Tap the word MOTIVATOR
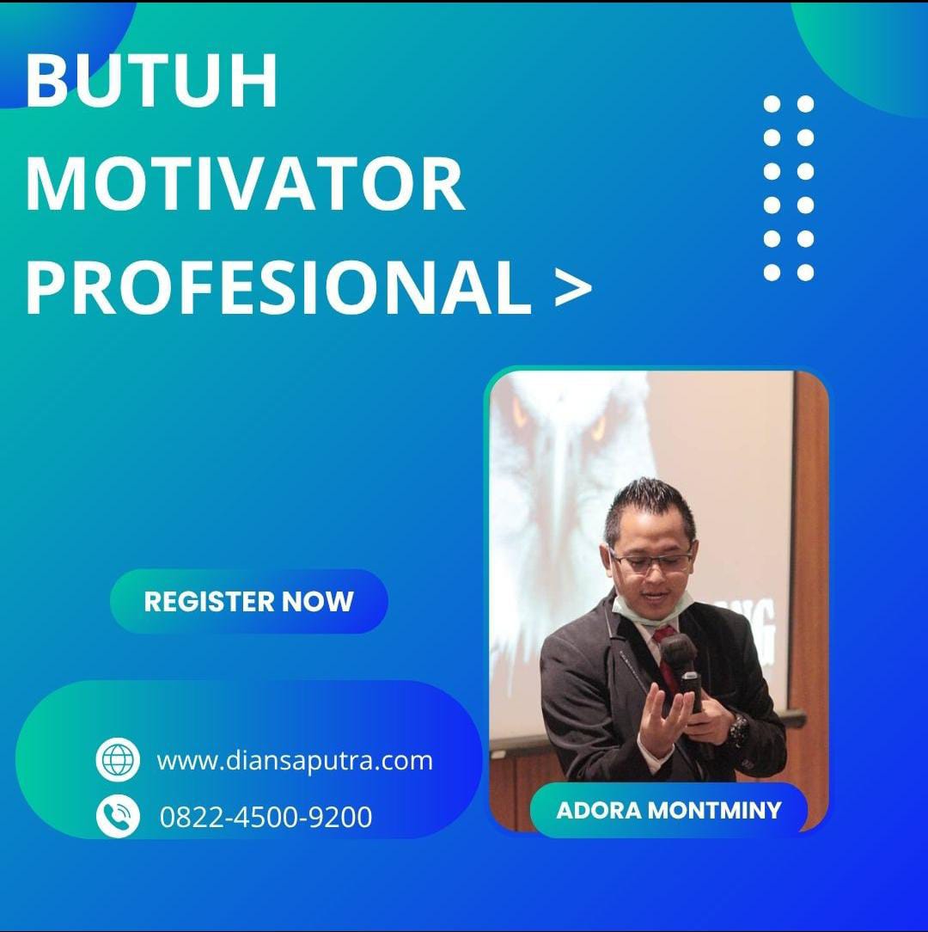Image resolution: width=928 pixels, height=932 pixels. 245,184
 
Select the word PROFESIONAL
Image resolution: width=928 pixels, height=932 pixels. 278,288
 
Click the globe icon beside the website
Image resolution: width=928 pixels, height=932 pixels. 118,760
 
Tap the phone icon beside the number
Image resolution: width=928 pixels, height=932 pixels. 118,815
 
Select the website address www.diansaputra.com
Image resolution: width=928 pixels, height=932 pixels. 295,761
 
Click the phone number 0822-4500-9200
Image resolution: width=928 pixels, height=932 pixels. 266,817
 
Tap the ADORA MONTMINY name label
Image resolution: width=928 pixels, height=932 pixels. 669,810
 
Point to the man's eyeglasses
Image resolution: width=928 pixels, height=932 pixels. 650,560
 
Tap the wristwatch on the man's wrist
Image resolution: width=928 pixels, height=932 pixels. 738,729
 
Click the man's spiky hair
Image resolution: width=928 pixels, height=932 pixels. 649,506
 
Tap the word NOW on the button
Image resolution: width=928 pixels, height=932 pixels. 317,602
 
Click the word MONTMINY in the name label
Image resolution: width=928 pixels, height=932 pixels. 714,810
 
